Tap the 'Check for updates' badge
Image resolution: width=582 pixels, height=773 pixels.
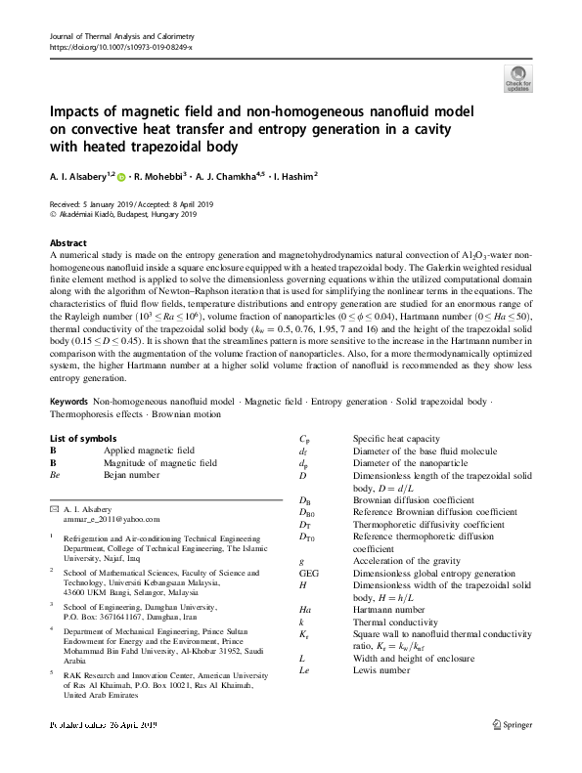pos(517,78)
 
